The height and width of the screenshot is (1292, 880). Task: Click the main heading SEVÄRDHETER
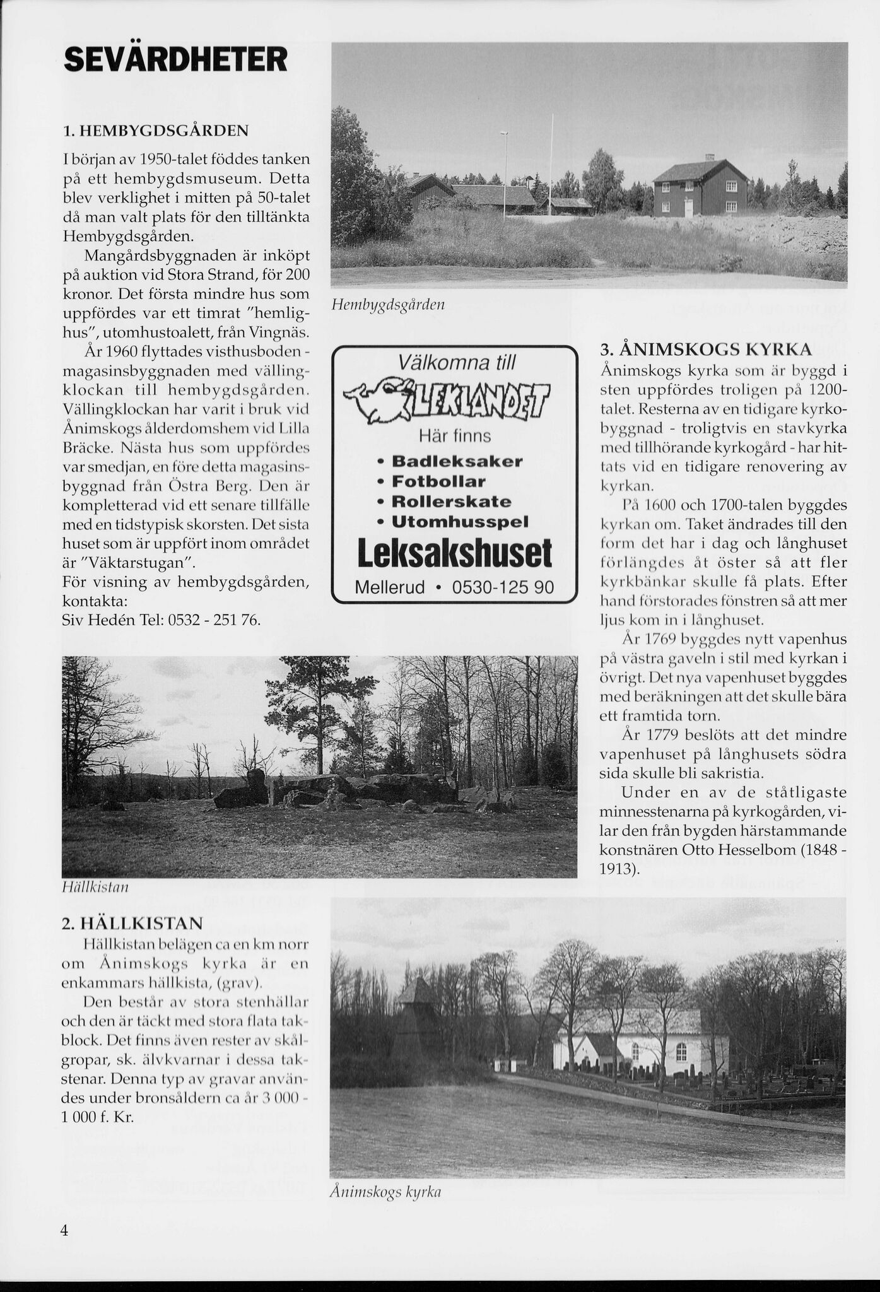[175, 60]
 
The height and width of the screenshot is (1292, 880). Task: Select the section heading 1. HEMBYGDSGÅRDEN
[156, 131]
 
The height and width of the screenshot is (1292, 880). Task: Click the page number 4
[64, 1231]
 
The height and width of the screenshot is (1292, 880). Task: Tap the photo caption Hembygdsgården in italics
[388, 305]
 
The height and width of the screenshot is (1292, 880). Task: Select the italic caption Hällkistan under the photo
[95, 887]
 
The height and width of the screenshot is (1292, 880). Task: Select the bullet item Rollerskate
[451, 502]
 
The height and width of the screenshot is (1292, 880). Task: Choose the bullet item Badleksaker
[457, 461]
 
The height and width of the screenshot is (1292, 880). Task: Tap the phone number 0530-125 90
[503, 588]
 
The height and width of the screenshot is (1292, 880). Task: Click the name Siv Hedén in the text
[91, 620]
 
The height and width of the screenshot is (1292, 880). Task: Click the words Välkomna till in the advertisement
[457, 362]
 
